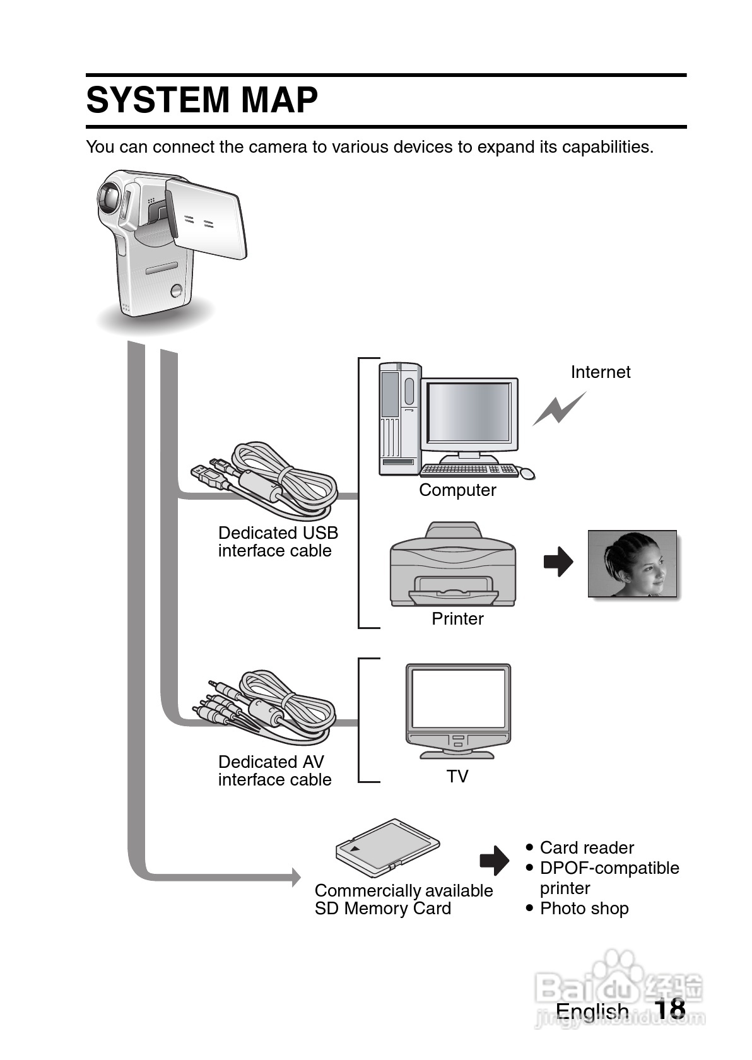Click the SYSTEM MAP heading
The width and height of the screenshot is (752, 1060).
tap(202, 100)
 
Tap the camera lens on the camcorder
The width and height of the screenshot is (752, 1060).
tap(109, 197)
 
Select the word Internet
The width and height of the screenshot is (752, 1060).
tap(600, 372)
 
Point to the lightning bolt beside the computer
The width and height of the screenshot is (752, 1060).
tap(558, 409)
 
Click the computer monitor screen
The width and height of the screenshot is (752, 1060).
tap(469, 412)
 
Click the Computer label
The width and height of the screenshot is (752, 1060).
tap(457, 490)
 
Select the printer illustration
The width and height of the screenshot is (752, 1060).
tap(453, 564)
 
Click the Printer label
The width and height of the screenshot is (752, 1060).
tap(457, 619)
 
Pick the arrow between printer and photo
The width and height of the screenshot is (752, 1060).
tap(558, 562)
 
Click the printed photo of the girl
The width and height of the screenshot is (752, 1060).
tap(632, 563)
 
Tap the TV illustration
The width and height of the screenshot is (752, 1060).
tap(457, 710)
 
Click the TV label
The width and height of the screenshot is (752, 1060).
tap(457, 777)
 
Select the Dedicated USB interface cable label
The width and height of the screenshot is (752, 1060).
tap(278, 542)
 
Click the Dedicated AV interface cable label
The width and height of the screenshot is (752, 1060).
tap(274, 771)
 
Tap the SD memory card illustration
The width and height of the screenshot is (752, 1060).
tap(387, 847)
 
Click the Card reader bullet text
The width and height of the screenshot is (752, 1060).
tap(587, 848)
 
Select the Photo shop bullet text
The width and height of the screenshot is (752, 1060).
tap(584, 909)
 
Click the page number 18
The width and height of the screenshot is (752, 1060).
tap(670, 1010)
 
